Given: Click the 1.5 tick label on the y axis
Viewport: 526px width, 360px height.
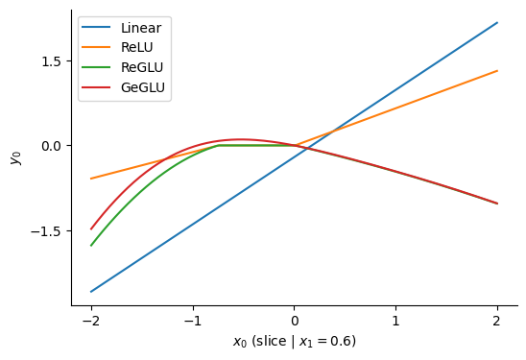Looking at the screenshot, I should [50, 60].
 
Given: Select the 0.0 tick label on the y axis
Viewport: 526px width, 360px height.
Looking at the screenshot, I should [50, 146].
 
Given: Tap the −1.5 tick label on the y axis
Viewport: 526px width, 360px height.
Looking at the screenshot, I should [46, 231].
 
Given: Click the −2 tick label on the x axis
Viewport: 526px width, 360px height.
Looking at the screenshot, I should [91, 322].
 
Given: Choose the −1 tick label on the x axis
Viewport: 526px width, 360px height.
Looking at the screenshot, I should [192, 322].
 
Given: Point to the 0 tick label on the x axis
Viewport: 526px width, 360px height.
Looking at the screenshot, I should [294, 322].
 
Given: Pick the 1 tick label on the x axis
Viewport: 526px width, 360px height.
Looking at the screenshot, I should [395, 322].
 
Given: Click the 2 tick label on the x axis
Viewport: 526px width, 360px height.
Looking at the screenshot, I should [497, 322].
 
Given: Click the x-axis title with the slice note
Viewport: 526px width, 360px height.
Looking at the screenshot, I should [294, 342].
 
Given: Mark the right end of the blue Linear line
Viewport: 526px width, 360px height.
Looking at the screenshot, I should [497, 22].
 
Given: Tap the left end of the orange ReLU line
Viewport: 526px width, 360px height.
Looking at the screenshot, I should [91, 179].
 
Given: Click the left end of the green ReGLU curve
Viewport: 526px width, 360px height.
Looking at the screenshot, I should [91, 246].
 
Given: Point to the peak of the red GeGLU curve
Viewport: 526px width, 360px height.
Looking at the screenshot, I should [241, 139].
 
